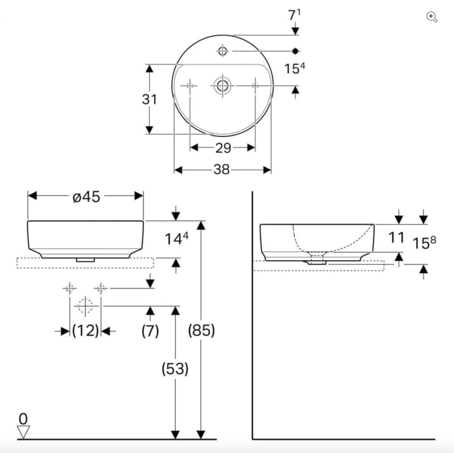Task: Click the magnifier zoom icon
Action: [x=432, y=17]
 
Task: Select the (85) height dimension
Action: [x=201, y=330]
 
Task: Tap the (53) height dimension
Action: [x=175, y=369]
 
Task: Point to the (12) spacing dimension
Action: [x=85, y=330]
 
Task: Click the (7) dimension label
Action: [x=150, y=330]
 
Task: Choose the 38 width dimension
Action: [x=222, y=170]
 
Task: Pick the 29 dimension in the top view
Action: [x=223, y=148]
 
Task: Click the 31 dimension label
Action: [x=150, y=99]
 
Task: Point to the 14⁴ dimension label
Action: [x=176, y=239]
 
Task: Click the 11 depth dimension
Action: [x=396, y=238]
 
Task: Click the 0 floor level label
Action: [x=23, y=419]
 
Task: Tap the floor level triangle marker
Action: [x=23, y=432]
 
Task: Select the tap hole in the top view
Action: [x=223, y=51]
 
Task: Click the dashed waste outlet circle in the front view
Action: [x=85, y=306]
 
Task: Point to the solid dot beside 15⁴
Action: [x=296, y=51]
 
